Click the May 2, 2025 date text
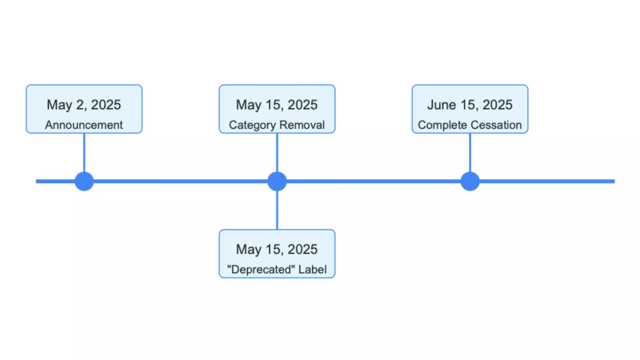[84, 105]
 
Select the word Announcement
[84, 125]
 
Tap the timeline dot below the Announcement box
[84, 181]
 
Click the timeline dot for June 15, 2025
[470, 181]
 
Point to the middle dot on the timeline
[277, 181]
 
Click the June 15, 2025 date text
[470, 105]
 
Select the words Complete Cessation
[470, 125]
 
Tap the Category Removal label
[277, 125]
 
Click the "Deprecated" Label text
[277, 269]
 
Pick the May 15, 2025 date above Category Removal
[277, 105]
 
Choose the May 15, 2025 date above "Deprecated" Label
[277, 250]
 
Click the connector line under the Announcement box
[84, 153]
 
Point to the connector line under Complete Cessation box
[470, 153]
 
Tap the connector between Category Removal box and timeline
[277, 153]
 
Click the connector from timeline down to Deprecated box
[277, 210]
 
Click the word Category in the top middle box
[252, 125]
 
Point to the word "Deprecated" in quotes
[261, 269]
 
